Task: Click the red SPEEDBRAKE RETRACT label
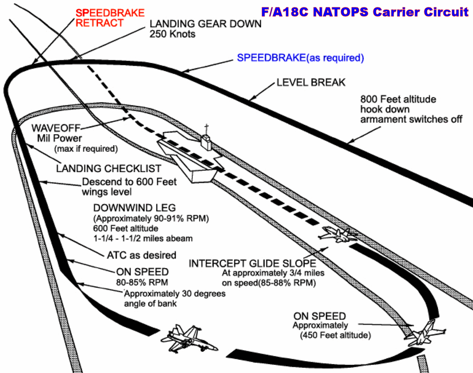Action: (110, 18)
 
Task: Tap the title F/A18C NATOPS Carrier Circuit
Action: (364, 12)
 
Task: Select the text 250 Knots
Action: (172, 34)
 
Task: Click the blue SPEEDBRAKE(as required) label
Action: (300, 58)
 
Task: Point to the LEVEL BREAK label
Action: (311, 83)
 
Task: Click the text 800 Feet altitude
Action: (398, 100)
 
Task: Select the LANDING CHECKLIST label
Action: (108, 168)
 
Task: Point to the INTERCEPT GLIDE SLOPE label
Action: (254, 263)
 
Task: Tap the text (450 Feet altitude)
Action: (335, 335)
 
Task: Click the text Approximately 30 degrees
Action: (175, 294)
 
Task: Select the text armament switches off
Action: (411, 120)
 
